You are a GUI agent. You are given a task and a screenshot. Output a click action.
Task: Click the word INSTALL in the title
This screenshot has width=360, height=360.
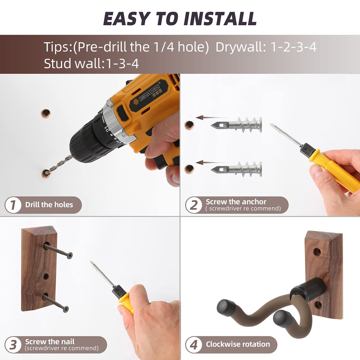[x=220, y=19]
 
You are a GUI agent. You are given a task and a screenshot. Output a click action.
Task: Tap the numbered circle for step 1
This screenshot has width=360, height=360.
[x=13, y=205]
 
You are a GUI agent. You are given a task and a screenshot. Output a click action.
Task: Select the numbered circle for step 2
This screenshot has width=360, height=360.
[x=193, y=205]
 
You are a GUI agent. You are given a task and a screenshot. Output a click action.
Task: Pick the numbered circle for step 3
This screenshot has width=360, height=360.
[x=13, y=345]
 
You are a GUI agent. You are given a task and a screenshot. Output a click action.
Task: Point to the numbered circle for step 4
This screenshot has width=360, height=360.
[x=193, y=345]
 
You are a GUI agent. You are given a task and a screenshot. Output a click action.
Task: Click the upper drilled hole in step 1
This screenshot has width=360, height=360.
[x=46, y=113]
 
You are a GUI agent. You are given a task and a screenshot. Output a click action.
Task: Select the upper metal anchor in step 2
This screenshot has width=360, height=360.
[x=236, y=124]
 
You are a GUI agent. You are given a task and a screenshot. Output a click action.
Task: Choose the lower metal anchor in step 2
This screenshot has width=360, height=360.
[x=236, y=169]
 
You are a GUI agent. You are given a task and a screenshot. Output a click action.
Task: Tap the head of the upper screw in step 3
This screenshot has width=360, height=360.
[x=70, y=255]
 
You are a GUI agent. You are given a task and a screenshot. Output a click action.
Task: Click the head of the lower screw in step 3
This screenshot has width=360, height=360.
[x=66, y=309]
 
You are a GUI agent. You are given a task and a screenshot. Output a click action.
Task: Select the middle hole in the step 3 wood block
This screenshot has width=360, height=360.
[x=46, y=276]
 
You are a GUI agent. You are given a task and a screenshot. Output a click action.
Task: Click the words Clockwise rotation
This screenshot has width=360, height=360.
[x=238, y=344]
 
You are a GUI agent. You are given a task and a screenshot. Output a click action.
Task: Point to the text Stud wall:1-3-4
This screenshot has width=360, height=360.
[x=91, y=63]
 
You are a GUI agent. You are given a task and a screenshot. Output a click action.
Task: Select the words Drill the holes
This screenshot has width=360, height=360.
[x=49, y=205]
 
